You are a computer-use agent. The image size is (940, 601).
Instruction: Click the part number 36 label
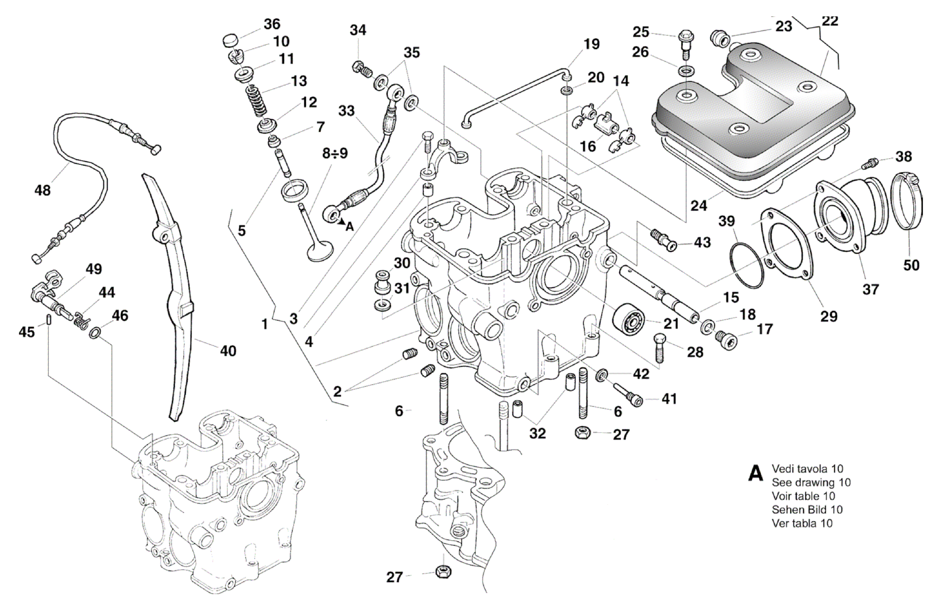coord(272,24)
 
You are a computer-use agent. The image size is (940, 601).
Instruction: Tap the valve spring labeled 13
coord(257,102)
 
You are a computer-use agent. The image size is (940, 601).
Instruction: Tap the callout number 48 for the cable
coord(43,190)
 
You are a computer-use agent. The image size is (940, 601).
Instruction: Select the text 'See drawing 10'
coord(811,482)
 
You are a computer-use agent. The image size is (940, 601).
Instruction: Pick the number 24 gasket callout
coord(698,205)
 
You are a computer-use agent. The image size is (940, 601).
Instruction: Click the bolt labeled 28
coord(658,348)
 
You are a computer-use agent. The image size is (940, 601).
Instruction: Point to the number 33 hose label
coord(346,111)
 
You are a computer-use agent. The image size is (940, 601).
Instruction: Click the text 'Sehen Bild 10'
coord(807,509)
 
